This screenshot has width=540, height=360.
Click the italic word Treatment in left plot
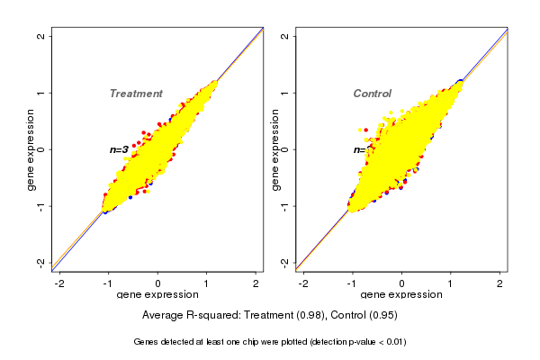pyautogui.click(x=136, y=94)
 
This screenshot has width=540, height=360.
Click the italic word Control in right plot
pyautogui.click(x=372, y=94)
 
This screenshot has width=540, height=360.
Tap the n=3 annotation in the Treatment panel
pyautogui.click(x=119, y=149)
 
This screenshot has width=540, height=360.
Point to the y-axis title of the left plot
pyautogui.click(x=32, y=149)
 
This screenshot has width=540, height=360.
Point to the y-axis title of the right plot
pyautogui.click(x=275, y=149)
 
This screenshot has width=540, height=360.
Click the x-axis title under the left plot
pyautogui.click(x=157, y=295)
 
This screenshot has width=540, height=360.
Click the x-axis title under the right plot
pyautogui.click(x=401, y=295)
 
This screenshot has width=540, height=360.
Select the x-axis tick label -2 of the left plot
pyautogui.click(x=58, y=283)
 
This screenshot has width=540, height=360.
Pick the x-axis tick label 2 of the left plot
pyautogui.click(x=256, y=283)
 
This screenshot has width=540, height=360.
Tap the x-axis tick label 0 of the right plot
pyautogui.click(x=401, y=283)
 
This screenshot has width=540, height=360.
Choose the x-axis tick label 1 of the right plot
pyautogui.click(x=451, y=283)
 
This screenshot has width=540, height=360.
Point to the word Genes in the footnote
pyautogui.click(x=147, y=342)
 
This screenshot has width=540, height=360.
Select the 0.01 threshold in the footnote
pyautogui.click(x=392, y=342)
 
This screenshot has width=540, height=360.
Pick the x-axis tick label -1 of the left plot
pyautogui.click(x=108, y=283)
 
